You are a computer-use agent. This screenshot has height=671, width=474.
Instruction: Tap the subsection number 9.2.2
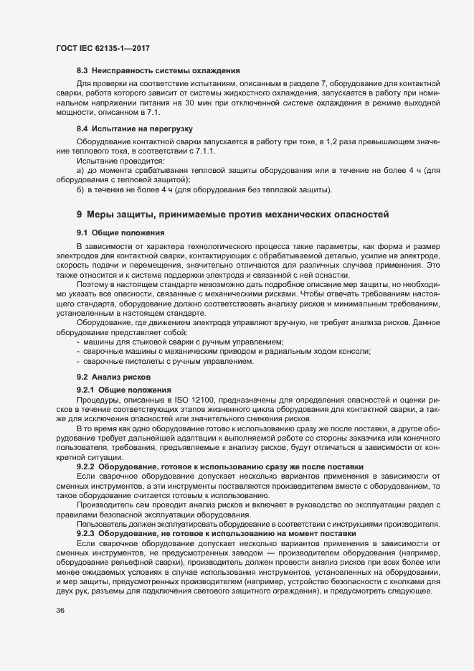click(x=87, y=466)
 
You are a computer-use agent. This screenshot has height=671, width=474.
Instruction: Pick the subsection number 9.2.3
click(x=87, y=534)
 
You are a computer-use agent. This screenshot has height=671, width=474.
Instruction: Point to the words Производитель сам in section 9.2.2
click(x=108, y=505)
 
